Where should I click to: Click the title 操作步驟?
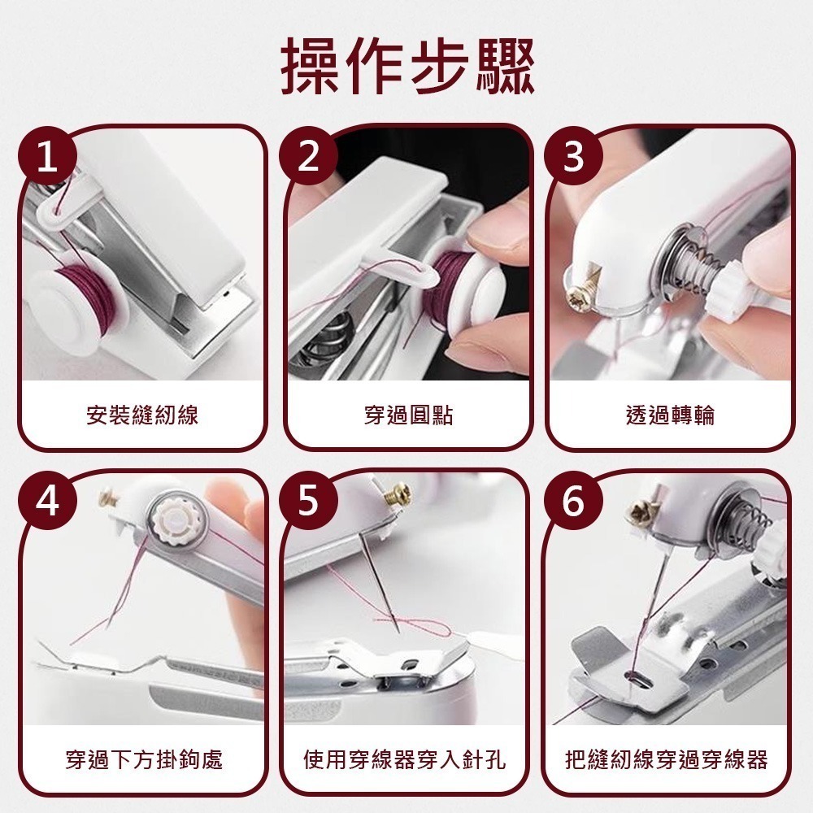click(406, 64)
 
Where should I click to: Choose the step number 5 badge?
click(307, 502)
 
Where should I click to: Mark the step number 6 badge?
click(573, 502)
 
